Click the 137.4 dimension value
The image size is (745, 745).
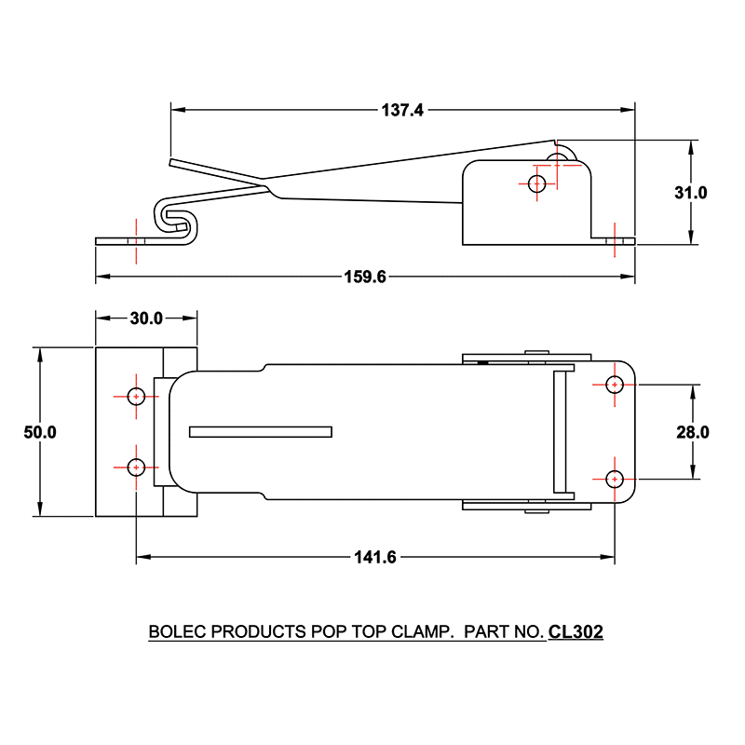coord(402,110)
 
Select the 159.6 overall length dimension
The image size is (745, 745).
coord(364,277)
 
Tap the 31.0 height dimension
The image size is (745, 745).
coord(691,193)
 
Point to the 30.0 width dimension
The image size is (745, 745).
coord(146,318)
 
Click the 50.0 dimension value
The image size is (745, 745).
coord(39,432)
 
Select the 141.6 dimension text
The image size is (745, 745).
coord(375,558)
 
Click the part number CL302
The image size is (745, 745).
coord(576,632)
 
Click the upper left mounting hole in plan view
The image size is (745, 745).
coord(136,397)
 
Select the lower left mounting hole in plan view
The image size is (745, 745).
coord(136,467)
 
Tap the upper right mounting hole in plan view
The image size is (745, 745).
coord(614,384)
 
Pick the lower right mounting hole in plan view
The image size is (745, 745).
coord(614,479)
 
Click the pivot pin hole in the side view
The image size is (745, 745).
coord(536,183)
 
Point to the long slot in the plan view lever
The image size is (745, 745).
coord(260,431)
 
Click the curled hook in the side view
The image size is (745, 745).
coord(177,220)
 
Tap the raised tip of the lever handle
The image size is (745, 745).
coord(173,162)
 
